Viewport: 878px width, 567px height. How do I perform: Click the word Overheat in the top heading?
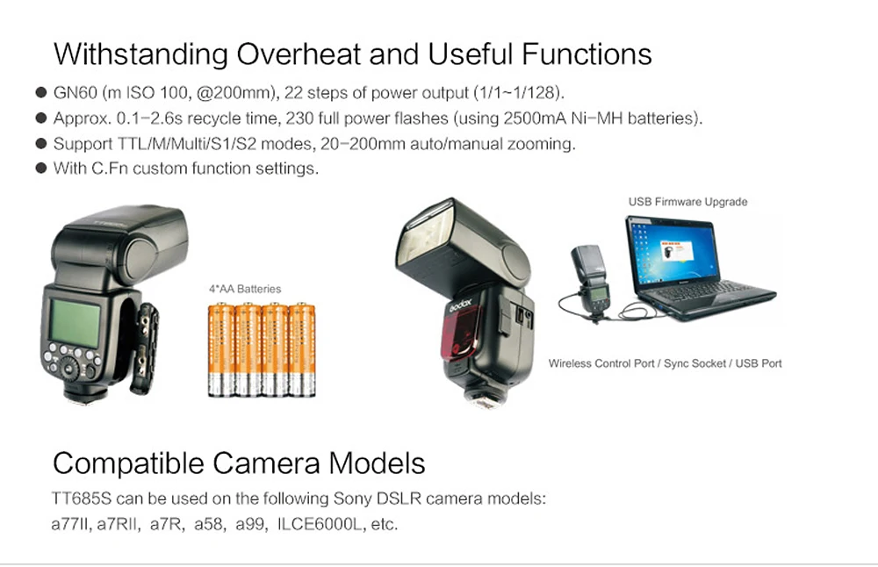pos(294,54)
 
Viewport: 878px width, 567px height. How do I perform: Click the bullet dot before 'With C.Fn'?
pos(40,169)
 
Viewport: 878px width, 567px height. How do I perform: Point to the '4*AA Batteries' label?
pos(245,288)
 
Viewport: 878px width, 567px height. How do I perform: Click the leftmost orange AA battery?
pos(219,349)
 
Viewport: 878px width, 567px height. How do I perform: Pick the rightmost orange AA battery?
pos(302,349)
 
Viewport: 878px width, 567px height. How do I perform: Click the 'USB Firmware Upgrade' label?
pos(687,202)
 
